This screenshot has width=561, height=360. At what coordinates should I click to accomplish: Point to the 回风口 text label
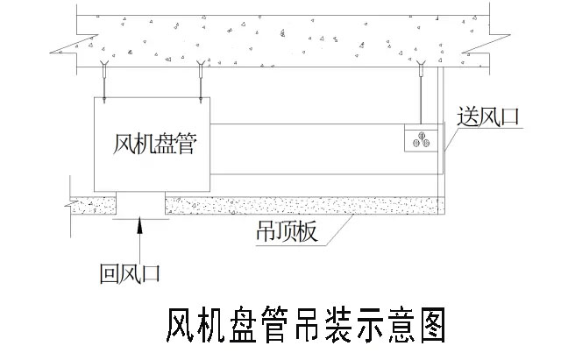coord(130,274)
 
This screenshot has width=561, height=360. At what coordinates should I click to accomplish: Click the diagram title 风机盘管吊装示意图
coord(306,325)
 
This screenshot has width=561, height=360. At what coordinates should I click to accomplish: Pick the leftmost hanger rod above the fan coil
coord(104,83)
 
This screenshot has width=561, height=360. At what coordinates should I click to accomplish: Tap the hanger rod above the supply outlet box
coord(421,96)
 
